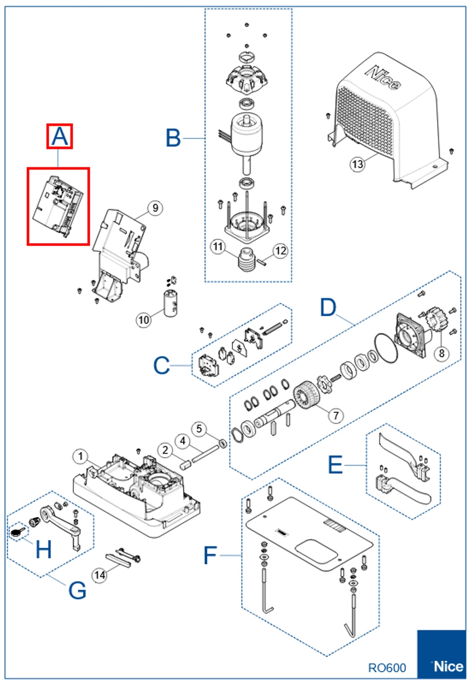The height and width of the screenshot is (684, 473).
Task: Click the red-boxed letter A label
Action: coord(60,136)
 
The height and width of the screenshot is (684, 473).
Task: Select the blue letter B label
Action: coord(173,138)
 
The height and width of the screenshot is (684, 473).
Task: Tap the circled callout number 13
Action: coord(357,164)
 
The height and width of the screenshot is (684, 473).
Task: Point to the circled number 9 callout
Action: coord(155,208)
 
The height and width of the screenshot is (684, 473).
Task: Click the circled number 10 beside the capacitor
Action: coord(143,320)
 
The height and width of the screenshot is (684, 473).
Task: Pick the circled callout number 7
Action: coord(336,415)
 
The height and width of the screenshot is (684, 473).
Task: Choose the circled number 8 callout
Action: coord(441,353)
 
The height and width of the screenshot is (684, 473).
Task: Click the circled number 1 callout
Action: coord(80,456)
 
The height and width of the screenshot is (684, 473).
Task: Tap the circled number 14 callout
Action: coord(100,575)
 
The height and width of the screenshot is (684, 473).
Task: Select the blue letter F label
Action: coord(210,555)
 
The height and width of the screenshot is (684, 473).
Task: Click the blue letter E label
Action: coord(335,465)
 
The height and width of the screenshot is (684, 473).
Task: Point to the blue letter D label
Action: coord(328,307)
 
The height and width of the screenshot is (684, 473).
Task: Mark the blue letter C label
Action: coord(161,366)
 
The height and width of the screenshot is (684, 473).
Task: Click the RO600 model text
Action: coord(387,668)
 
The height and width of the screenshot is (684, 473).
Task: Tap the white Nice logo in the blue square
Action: coord(448,666)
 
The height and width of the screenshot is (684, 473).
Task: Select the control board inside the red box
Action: coord(58,206)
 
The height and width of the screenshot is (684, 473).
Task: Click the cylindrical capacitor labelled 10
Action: coord(170,304)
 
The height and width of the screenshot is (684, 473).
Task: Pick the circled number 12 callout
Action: coord(281,251)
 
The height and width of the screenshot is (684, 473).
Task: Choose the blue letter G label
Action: coord(78,590)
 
